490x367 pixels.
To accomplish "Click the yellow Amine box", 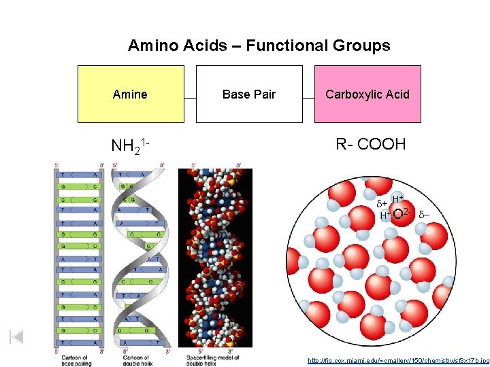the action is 131,94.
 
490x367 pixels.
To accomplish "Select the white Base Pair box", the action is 249,94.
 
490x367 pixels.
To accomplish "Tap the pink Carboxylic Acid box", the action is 367,94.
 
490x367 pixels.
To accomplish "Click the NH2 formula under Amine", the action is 129,146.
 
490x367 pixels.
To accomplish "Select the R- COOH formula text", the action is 370,144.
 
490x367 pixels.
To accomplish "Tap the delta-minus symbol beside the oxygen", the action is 424,215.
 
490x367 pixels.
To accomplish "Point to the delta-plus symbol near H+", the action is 382,203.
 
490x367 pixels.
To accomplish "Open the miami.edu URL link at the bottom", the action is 397,361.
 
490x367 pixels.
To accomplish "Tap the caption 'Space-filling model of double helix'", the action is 214,360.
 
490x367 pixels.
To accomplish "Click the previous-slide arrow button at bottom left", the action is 17,336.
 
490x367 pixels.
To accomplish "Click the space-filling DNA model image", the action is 215,258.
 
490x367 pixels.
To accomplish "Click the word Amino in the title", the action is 151,46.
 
